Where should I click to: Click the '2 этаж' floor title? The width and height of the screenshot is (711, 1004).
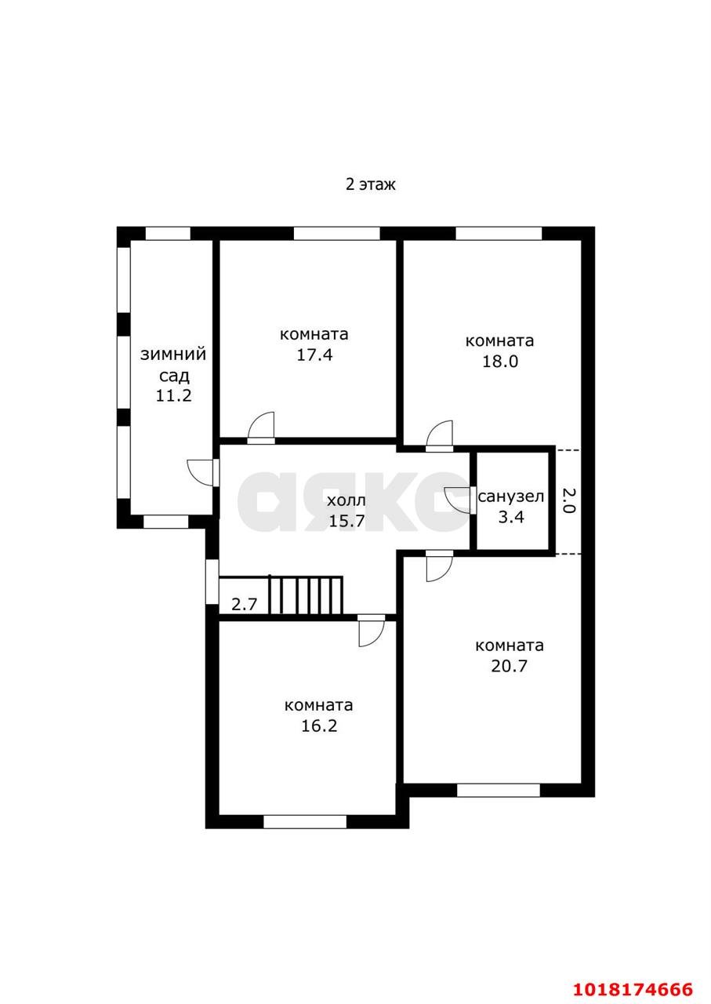(371, 184)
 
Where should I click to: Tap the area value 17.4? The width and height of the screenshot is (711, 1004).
(314, 355)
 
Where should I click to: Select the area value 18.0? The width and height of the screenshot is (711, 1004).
(500, 362)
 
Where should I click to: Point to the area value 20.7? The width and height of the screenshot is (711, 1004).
(510, 666)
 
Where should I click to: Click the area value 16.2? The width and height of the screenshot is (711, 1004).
(319, 726)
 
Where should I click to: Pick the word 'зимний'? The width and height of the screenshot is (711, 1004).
(173, 354)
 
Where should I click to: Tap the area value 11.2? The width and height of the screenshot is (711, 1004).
(173, 395)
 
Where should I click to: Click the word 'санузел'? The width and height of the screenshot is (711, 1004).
(511, 497)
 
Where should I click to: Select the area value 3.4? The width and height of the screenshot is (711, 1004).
(511, 517)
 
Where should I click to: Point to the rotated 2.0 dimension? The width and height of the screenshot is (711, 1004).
(568, 500)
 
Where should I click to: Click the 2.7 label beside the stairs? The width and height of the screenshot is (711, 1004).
(244, 605)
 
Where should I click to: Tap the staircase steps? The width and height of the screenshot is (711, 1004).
(306, 595)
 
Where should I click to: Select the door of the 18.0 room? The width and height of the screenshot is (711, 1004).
(439, 435)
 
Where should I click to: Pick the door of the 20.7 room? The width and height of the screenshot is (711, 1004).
(439, 566)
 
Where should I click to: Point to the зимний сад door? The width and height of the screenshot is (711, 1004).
(203, 472)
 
